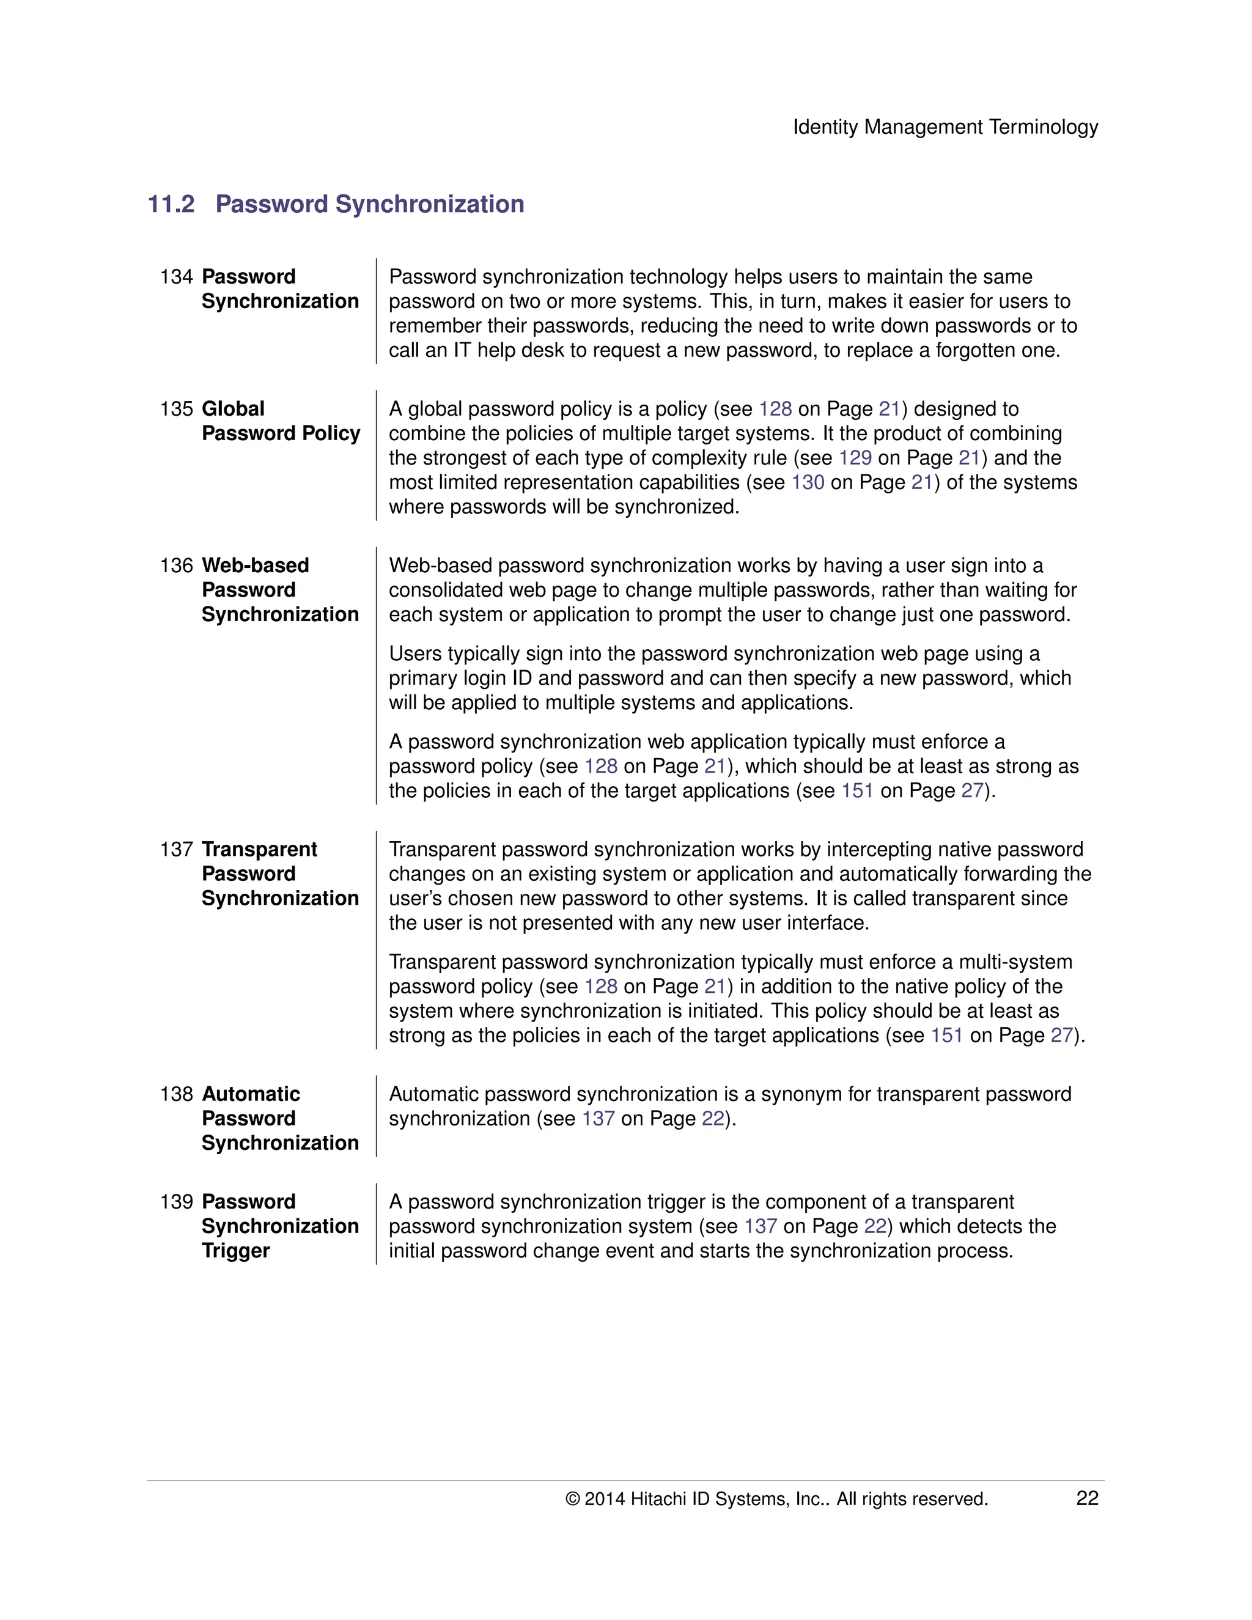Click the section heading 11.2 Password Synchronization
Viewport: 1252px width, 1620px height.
(x=336, y=204)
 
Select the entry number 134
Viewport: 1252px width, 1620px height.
(x=176, y=277)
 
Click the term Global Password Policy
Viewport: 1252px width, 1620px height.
(x=281, y=421)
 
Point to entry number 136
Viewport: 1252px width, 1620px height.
(x=176, y=565)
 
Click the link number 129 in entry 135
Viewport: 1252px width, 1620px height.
(x=855, y=458)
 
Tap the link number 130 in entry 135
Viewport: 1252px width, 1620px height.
(x=807, y=482)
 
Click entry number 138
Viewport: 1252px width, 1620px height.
(x=176, y=1094)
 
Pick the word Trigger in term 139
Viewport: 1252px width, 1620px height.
(x=235, y=1251)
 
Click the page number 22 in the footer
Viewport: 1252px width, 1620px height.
(x=1086, y=1498)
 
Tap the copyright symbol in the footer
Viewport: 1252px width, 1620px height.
(x=572, y=1499)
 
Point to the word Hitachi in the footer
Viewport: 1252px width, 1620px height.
(x=658, y=1499)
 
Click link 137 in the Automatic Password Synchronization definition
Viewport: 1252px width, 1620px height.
(x=598, y=1119)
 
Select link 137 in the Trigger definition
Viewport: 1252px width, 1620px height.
(x=760, y=1226)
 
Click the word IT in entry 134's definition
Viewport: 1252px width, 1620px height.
(x=462, y=350)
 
